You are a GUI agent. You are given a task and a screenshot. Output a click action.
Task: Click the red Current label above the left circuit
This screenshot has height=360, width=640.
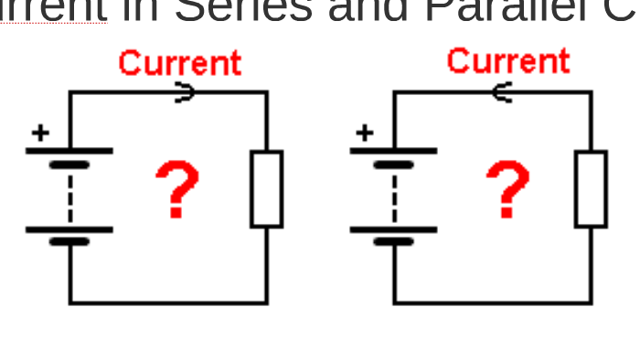pyautogui.click(x=179, y=63)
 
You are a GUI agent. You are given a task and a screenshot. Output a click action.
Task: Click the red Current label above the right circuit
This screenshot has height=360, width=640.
pyautogui.click(x=507, y=60)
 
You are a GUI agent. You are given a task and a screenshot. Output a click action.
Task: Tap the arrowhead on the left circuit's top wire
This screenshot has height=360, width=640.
pyautogui.click(x=185, y=91)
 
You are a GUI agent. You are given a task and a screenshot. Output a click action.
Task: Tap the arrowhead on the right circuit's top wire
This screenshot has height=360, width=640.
pyautogui.click(x=500, y=91)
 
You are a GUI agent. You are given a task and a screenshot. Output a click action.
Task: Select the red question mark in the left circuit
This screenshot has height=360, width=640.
pyautogui.click(x=176, y=188)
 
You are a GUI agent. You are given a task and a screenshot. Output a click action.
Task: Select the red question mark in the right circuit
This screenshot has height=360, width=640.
pyautogui.click(x=507, y=188)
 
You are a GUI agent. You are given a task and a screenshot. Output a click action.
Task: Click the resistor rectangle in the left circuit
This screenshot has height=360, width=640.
pyautogui.click(x=266, y=189)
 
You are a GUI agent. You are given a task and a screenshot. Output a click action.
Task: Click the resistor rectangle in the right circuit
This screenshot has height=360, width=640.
pyautogui.click(x=591, y=189)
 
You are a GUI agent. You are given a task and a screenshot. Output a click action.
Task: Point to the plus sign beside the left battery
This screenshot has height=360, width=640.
pyautogui.click(x=40, y=133)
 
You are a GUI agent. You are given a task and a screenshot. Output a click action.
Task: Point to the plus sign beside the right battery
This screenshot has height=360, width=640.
pyautogui.click(x=365, y=133)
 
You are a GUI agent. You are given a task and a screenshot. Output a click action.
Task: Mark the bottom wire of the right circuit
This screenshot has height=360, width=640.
pyautogui.click(x=493, y=302)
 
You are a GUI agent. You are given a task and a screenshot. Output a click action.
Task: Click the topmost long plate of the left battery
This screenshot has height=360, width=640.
pyautogui.click(x=69, y=151)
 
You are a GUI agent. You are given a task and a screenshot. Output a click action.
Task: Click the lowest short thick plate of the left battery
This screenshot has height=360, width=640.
pyautogui.click(x=69, y=243)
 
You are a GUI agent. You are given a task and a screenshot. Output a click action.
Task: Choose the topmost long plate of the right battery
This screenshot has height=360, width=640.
pyautogui.click(x=394, y=151)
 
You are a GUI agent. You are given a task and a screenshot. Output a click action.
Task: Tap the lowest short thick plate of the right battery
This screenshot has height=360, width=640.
pyautogui.click(x=394, y=243)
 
